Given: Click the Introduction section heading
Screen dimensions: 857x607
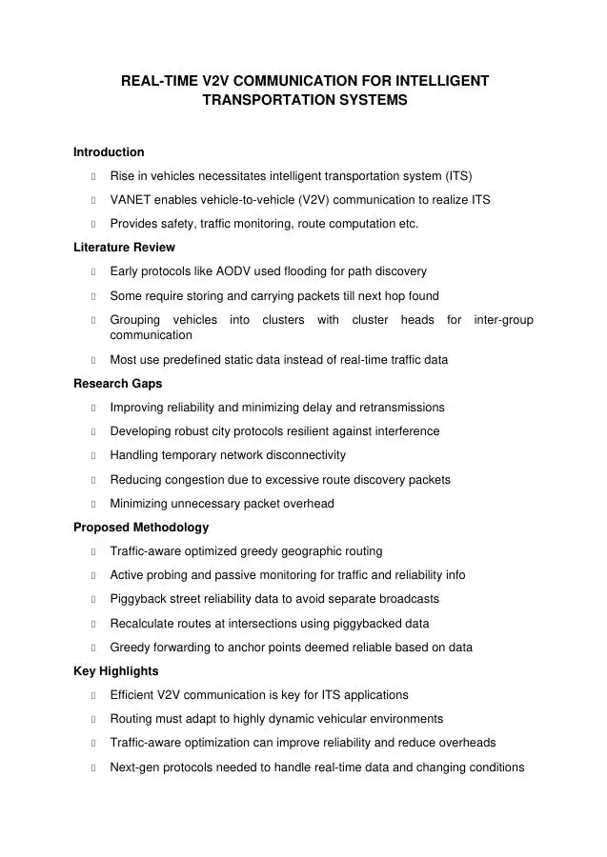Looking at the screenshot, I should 109,152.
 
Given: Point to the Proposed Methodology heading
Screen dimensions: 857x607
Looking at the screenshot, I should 141,528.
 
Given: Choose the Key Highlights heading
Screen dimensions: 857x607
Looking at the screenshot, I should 116,671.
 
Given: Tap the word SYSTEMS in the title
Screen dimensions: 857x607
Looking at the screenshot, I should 367,100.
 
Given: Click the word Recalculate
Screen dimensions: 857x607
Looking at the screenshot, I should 143,624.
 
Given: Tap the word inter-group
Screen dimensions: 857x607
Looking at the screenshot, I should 503,320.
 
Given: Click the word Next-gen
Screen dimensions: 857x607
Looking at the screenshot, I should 136,767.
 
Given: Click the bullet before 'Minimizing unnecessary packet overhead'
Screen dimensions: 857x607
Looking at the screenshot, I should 94,504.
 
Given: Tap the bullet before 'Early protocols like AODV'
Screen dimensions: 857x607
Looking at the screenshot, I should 94,272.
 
